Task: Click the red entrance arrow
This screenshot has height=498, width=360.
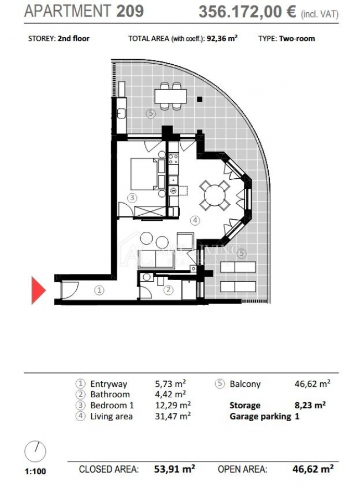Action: pyautogui.click(x=38, y=290)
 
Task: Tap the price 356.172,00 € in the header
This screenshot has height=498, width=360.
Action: pyautogui.click(x=247, y=12)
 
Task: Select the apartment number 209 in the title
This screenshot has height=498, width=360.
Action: pyautogui.click(x=130, y=11)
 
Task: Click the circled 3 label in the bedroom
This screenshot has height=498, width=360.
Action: pyautogui.click(x=132, y=198)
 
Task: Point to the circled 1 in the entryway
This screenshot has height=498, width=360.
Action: pyautogui.click(x=100, y=289)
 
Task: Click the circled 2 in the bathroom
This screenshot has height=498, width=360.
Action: pyautogui.click(x=168, y=289)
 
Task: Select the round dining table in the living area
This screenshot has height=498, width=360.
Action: pyautogui.click(x=215, y=195)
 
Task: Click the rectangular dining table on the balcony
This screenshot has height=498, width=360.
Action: pyautogui.click(x=170, y=96)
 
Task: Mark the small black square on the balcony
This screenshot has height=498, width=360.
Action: pyautogui.click(x=200, y=100)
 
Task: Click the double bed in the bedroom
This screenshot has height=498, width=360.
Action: pyautogui.click(x=145, y=174)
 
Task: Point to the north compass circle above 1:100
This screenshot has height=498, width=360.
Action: pyautogui.click(x=35, y=452)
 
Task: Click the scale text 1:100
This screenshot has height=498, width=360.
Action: pyautogui.click(x=35, y=471)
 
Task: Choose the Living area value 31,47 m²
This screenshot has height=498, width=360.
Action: pyautogui.click(x=173, y=416)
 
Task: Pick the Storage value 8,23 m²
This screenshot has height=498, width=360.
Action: pyautogui.click(x=310, y=405)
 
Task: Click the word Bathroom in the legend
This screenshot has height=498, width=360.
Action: pyautogui.click(x=110, y=395)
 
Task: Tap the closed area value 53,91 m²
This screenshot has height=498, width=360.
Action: pyautogui.click(x=174, y=469)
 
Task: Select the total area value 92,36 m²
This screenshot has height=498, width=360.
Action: pyautogui.click(x=222, y=38)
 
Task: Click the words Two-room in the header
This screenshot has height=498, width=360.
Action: pyautogui.click(x=297, y=39)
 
